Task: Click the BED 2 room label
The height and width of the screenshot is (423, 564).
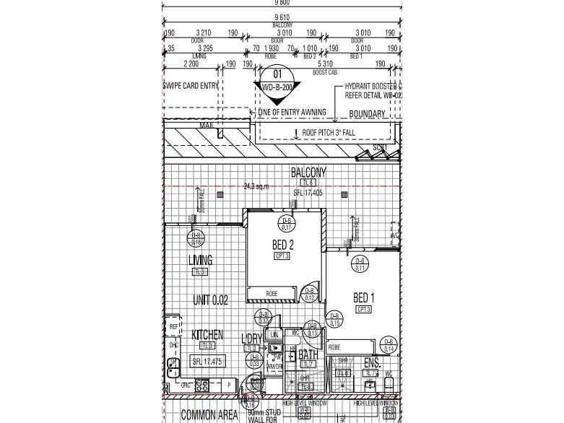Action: pyautogui.click(x=282, y=245)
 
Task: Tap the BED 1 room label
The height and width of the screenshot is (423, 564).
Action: pyautogui.click(x=363, y=297)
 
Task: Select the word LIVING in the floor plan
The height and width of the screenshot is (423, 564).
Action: pyautogui.click(x=200, y=261)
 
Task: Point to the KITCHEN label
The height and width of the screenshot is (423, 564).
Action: pyautogui.click(x=207, y=336)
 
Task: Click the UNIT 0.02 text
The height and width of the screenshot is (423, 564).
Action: pyautogui.click(x=210, y=300)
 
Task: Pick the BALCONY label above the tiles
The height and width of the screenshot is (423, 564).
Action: pyautogui.click(x=308, y=173)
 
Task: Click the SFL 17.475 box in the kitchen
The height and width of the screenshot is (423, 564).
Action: pyautogui.click(x=207, y=361)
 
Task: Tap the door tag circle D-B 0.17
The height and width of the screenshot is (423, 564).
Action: pyautogui.click(x=287, y=224)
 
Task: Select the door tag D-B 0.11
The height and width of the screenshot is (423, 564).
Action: pyautogui.click(x=360, y=264)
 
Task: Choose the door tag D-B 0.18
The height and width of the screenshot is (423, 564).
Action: pyautogui.click(x=196, y=239)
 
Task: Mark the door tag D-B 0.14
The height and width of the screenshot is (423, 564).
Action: pyautogui.click(x=389, y=346)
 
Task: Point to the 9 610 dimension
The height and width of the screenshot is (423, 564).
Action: pyautogui.click(x=282, y=17)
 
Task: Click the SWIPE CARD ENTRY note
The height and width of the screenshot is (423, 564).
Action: pyautogui.click(x=191, y=86)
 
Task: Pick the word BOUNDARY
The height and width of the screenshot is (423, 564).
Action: pyautogui.click(x=367, y=114)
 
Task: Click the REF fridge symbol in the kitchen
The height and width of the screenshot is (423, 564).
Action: pyautogui.click(x=173, y=327)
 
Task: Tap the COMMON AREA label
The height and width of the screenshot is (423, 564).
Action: pyautogui.click(x=209, y=414)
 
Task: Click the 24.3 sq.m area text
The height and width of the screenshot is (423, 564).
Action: pyautogui.click(x=256, y=187)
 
